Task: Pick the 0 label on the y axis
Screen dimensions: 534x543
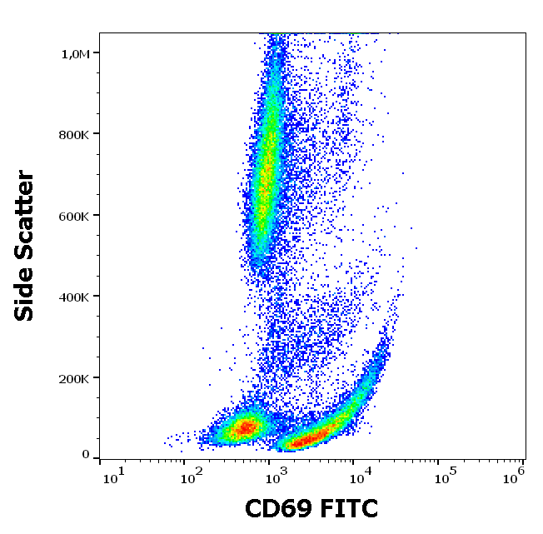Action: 86,454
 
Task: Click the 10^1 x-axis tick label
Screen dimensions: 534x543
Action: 113,477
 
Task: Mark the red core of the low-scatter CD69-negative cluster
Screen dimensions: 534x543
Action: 245,427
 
